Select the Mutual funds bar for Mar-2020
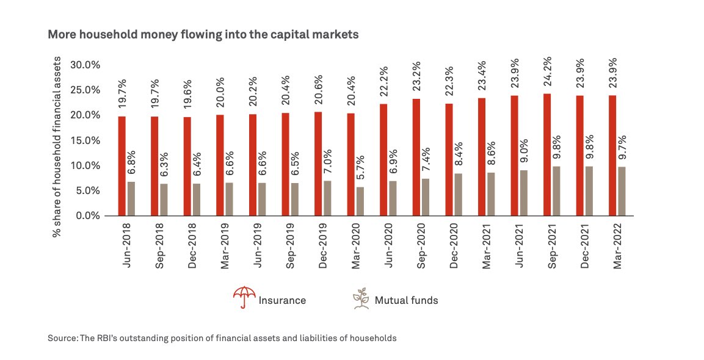(x=360, y=201)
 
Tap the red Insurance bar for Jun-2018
(x=122, y=166)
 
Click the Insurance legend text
(x=282, y=300)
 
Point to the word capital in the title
(x=275, y=35)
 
